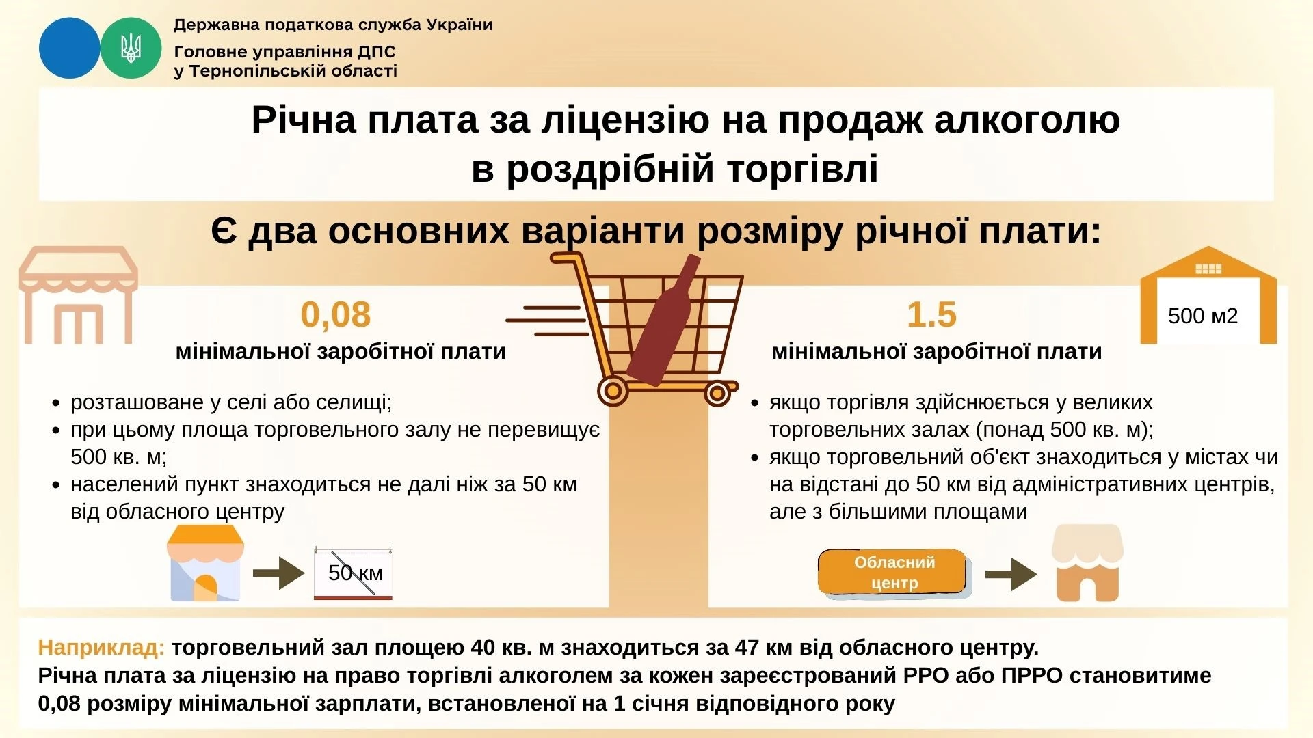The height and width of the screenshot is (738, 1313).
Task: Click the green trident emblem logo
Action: point(131,48)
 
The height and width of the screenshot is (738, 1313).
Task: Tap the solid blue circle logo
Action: point(69,48)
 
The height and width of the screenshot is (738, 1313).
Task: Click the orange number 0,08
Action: point(335,315)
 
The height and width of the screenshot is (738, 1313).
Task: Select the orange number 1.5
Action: point(931,315)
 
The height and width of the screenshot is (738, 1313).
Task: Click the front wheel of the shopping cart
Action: point(717,393)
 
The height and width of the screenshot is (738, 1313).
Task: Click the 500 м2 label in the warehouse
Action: point(1202,316)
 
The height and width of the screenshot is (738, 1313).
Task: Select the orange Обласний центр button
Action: point(893,572)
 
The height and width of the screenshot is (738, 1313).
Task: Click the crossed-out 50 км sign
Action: point(354,573)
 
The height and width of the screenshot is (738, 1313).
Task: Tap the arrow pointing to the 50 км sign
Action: point(278,573)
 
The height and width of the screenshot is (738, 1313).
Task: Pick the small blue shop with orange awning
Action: point(205,564)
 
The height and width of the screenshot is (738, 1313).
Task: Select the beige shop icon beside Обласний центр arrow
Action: point(1087,564)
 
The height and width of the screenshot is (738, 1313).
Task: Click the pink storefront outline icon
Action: point(78,295)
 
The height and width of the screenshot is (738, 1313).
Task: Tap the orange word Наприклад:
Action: point(101,647)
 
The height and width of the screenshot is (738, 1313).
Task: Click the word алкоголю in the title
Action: point(1026,120)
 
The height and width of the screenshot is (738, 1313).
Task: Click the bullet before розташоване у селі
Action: point(57,403)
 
